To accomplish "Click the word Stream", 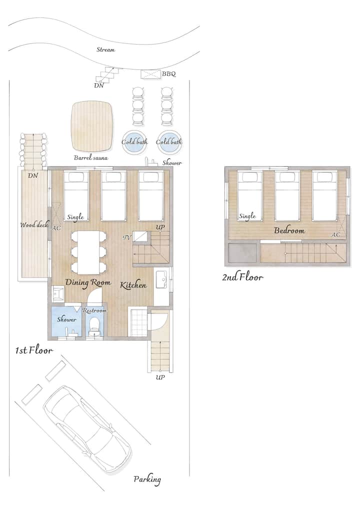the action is (x=105, y=49).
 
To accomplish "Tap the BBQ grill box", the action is (x=150, y=74).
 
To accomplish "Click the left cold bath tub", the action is (x=134, y=142).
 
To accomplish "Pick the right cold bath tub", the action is (x=169, y=142).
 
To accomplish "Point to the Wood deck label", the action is (x=34, y=224).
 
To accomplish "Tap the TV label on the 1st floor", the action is (x=127, y=237).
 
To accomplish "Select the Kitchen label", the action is (x=133, y=285).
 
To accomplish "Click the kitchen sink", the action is (x=162, y=279).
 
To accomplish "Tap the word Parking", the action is (x=147, y=479).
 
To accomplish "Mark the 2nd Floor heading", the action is (x=242, y=277).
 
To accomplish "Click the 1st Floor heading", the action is (x=34, y=350).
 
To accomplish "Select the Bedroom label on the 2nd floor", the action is (x=289, y=230).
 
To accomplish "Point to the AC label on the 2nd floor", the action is (x=336, y=234).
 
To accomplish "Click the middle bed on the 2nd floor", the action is (x=287, y=195).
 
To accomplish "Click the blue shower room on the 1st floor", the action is (x=67, y=322).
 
